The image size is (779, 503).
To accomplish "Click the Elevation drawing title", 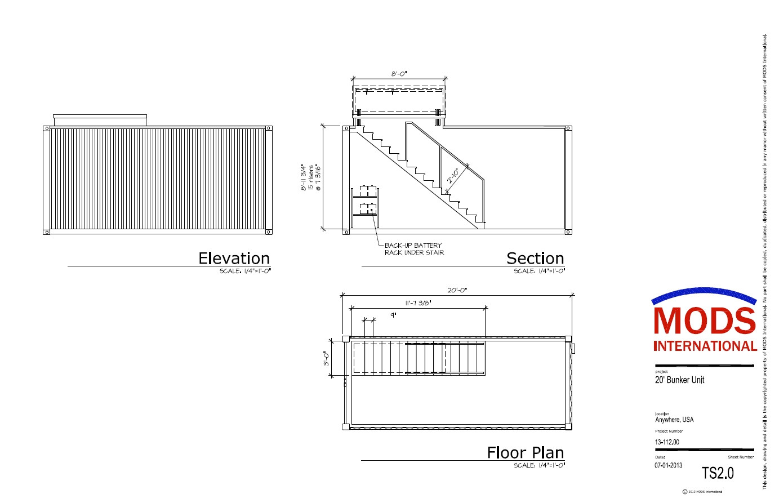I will coord(234,258).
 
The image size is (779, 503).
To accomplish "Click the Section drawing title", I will coord(535,258).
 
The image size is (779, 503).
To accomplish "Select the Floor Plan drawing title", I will coord(525,452).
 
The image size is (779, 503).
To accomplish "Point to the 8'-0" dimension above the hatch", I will coord(399,73).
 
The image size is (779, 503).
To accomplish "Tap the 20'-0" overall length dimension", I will coord(457,290).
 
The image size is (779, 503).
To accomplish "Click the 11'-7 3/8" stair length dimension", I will coord(419,302).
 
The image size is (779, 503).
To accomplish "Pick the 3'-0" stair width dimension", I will coord(326,359).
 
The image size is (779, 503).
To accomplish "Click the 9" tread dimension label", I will coord(393,315).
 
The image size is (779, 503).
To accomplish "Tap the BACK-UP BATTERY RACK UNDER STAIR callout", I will coord(414,249).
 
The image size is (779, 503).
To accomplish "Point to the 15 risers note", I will coord(310,177).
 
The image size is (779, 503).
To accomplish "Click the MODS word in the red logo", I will coord(704,321).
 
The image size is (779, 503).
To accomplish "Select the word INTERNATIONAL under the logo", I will coord(705,346).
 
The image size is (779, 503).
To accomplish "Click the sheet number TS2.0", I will coord(718,473).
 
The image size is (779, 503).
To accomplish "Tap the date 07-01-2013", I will coord(669,465).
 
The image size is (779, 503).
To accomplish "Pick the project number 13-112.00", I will coord(667,442).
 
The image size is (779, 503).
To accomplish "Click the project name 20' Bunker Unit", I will coord(679,380).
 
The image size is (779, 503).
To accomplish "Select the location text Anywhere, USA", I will coord(674,420).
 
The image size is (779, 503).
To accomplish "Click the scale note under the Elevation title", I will coord(245,271).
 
